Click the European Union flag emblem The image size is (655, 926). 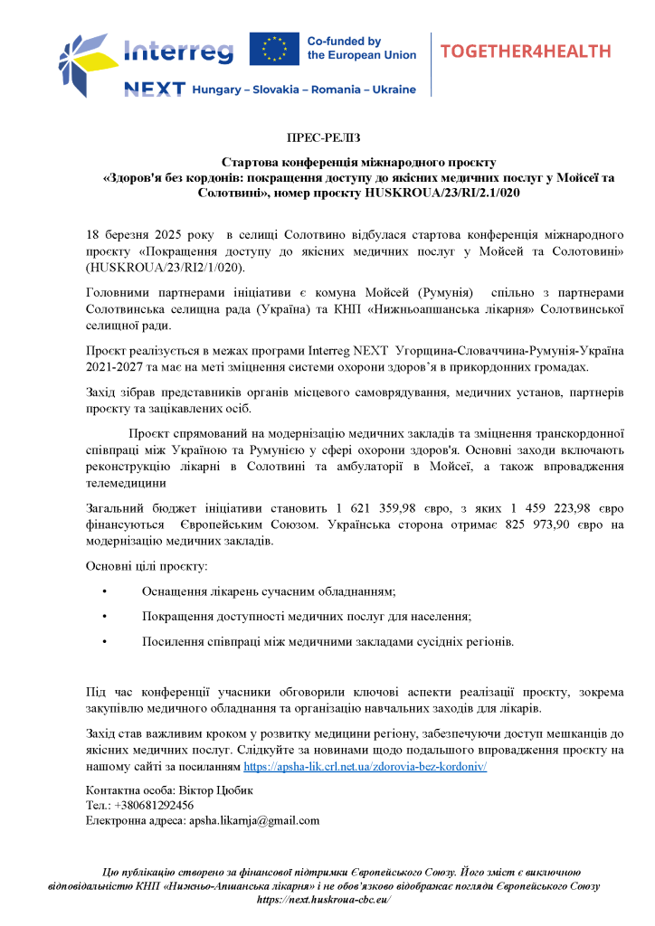point(275,49)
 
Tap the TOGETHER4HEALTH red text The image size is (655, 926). point(526,51)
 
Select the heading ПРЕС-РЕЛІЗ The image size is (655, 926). point(323,137)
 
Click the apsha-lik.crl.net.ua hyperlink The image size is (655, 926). point(365,765)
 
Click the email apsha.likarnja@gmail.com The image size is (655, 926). point(253,820)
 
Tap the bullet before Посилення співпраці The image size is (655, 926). point(106,642)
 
